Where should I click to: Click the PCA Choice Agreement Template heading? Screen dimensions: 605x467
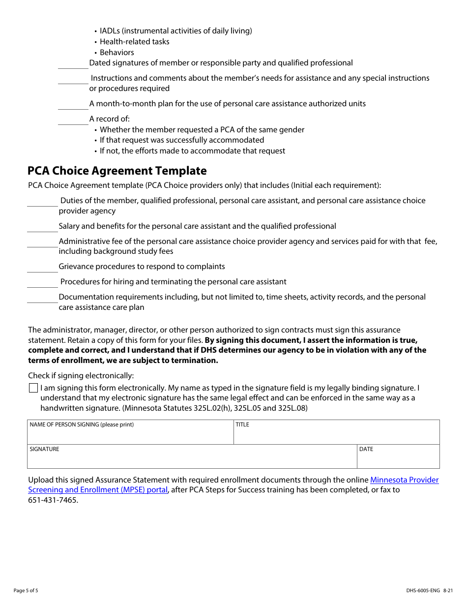tap(117, 171)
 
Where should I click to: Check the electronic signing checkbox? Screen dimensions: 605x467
tap(33, 388)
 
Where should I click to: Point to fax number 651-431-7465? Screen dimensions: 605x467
tap(53, 500)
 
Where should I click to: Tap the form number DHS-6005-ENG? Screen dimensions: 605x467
tap(423, 591)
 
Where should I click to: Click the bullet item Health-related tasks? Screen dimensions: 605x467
tap(134, 42)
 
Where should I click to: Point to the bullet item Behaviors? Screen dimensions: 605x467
tap(117, 53)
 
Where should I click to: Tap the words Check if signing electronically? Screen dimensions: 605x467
tap(81, 376)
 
